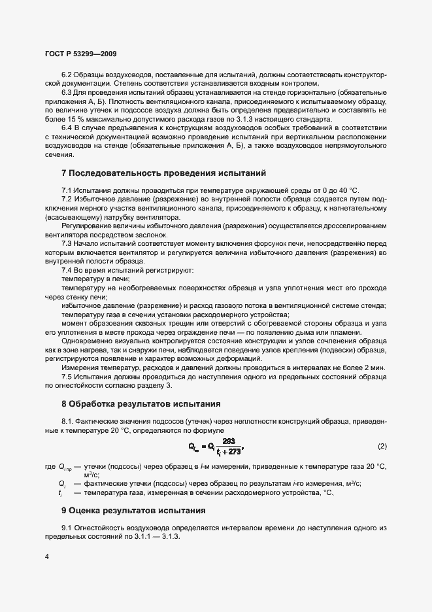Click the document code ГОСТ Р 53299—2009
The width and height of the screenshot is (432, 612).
(80, 53)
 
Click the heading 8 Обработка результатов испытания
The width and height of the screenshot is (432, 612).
(141, 403)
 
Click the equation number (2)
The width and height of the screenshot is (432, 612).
(382, 446)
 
